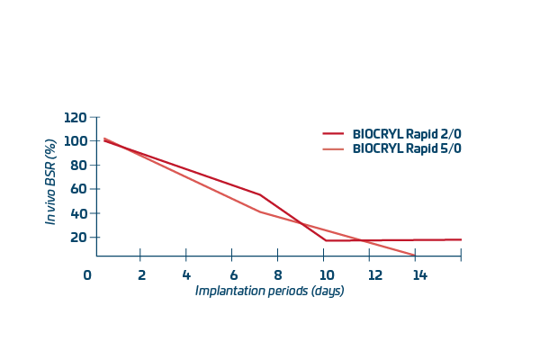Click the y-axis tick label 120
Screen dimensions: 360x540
[76, 118]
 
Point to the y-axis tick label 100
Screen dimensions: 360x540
[76, 141]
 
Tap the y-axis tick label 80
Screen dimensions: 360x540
[79, 166]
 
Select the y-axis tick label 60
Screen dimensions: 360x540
[79, 190]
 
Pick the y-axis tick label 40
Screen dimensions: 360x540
[79, 214]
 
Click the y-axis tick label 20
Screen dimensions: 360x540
[79, 238]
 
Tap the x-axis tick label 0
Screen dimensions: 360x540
[87, 275]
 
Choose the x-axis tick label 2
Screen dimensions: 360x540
[141, 275]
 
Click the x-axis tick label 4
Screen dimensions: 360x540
[186, 275]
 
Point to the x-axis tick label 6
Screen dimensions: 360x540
[233, 275]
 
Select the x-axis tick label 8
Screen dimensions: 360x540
[278, 275]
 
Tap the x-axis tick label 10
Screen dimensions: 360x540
[326, 275]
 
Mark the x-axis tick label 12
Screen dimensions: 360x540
[373, 275]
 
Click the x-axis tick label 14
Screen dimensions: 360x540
[419, 275]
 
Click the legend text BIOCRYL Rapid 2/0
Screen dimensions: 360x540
[407, 134]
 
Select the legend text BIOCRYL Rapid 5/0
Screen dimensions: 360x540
[407, 148]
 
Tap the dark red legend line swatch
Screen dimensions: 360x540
[334, 134]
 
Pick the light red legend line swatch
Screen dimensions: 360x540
[334, 148]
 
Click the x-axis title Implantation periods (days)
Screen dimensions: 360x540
[270, 292]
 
